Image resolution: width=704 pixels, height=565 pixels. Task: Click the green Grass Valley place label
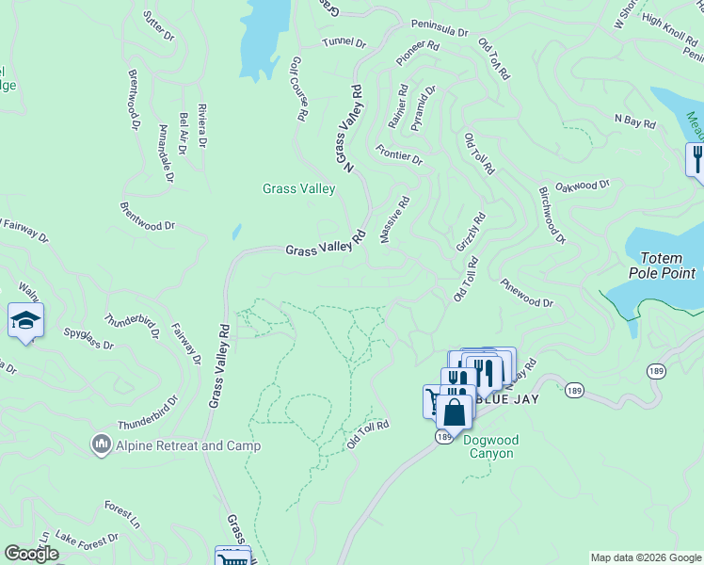298,189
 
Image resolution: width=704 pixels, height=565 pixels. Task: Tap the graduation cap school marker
26,321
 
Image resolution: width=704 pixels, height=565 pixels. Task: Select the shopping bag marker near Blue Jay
454,412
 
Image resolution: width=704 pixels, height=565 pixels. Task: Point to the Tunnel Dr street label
343,42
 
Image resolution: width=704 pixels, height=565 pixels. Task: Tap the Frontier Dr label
399,154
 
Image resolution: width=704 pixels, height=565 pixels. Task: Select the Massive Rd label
395,219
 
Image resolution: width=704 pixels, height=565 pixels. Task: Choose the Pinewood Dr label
526,293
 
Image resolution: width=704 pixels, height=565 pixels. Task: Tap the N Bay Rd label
633,120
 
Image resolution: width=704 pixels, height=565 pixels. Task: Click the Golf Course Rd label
299,89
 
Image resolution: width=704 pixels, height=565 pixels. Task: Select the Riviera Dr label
201,125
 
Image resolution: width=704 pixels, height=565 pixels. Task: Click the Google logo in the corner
31,554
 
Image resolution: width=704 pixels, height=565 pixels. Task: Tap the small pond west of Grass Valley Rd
236,232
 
